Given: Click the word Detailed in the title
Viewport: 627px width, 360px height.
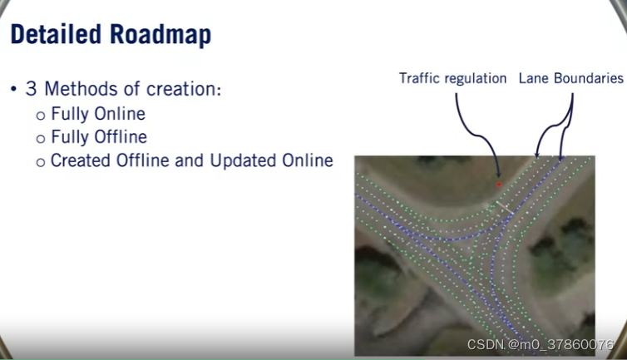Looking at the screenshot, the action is point(56,34).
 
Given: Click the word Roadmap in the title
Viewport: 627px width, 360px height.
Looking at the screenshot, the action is point(160,36).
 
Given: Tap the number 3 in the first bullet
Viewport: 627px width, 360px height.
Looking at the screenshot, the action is point(32,89).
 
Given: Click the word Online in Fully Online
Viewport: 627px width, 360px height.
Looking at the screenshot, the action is point(120,114).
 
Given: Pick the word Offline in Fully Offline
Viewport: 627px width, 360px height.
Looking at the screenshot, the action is point(121,137).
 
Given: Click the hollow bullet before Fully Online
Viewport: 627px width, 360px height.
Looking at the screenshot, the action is point(41,116).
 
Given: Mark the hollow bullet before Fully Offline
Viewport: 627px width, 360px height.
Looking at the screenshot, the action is point(41,139).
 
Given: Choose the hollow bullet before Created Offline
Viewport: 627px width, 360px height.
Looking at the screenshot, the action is point(41,162).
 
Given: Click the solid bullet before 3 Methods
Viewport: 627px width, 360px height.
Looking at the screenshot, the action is point(14,89).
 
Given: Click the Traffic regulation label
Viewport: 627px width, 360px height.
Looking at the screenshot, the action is point(452,78).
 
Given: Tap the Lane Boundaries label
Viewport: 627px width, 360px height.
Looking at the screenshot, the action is point(571,78).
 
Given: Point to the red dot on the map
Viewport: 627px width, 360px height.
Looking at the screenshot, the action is point(499,185).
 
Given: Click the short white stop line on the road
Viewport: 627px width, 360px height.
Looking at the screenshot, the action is point(504,207).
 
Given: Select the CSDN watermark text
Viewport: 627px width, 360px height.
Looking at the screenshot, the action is point(541,344).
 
